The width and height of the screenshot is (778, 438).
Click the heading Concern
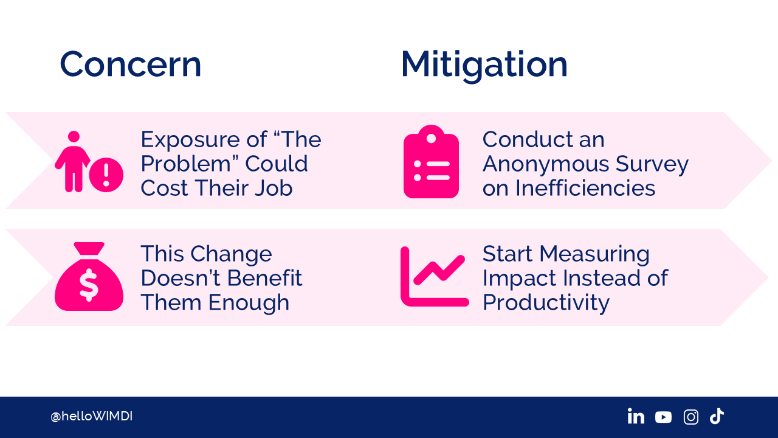click(131, 64)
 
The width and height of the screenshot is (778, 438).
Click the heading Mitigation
click(484, 66)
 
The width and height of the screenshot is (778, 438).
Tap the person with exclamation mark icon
click(89, 162)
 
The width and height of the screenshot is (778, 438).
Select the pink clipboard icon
click(431, 162)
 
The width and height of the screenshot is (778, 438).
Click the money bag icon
click(89, 277)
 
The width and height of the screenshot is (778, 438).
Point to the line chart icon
click(435, 277)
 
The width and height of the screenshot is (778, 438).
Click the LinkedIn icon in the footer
click(636, 416)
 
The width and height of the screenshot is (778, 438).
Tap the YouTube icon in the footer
click(663, 417)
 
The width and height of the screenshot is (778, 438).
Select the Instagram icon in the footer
click(691, 417)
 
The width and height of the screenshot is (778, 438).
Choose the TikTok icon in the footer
click(717, 416)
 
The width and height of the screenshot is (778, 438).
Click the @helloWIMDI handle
click(91, 416)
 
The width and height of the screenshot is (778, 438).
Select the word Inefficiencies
click(585, 188)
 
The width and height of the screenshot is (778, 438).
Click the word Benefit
click(264, 278)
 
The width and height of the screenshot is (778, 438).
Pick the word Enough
click(249, 303)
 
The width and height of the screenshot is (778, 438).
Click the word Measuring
click(594, 254)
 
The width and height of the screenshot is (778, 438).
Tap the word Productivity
click(546, 303)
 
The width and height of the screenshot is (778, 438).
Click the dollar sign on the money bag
click(89, 285)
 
